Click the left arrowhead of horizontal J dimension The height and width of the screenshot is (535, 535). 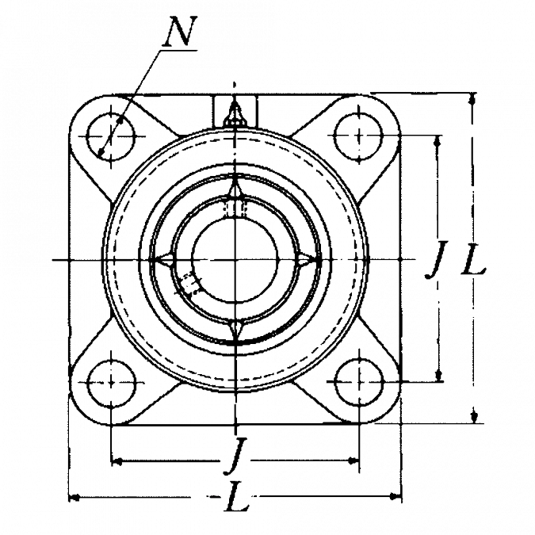[113, 460]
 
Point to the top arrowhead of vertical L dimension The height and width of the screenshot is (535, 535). [472, 100]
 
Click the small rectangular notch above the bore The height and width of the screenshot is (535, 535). [234, 209]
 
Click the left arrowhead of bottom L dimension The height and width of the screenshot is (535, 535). [75, 497]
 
